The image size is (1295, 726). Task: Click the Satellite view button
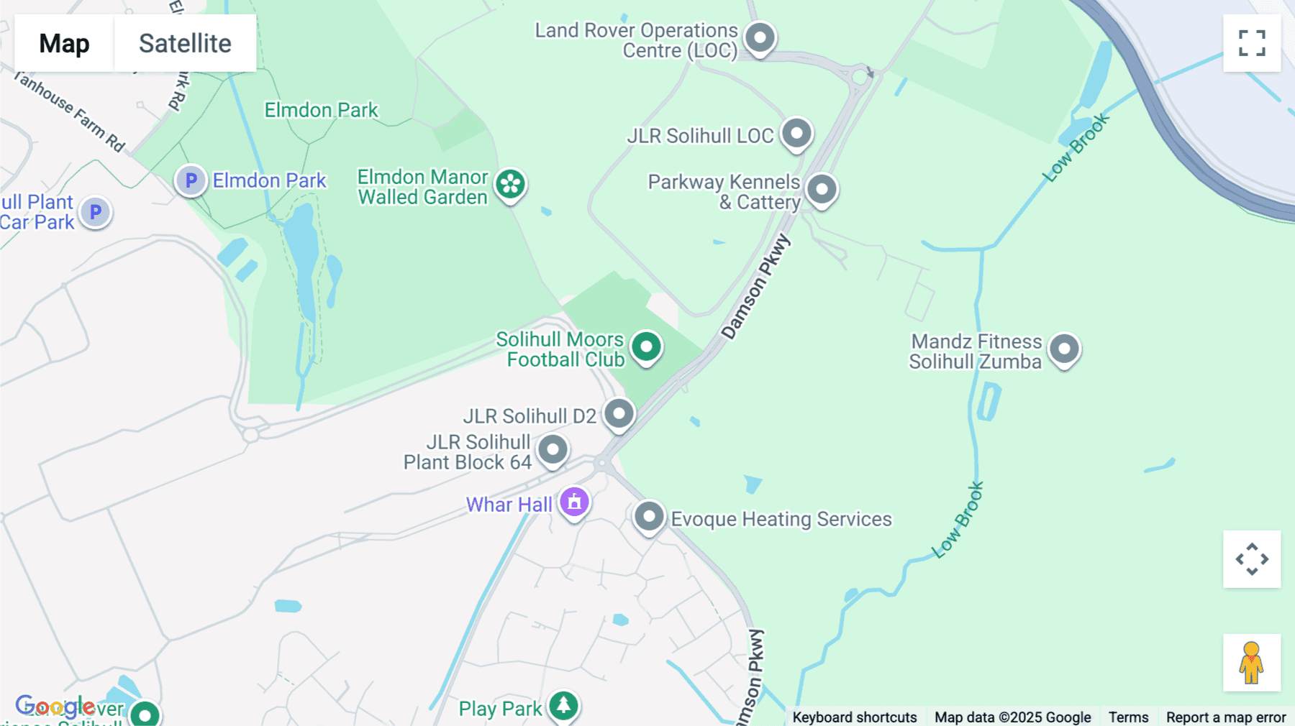click(x=185, y=43)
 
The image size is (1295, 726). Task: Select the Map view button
click(x=64, y=43)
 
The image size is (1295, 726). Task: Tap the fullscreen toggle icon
click(x=1252, y=43)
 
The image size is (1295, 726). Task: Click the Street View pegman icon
click(x=1252, y=663)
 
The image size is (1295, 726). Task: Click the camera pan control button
click(x=1252, y=559)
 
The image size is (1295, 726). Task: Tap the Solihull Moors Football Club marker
click(x=646, y=347)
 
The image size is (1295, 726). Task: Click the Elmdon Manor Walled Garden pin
click(x=511, y=184)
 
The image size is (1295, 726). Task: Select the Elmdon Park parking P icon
click(x=191, y=180)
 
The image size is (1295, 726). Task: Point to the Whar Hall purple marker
click(x=574, y=502)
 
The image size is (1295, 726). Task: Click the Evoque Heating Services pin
click(x=649, y=517)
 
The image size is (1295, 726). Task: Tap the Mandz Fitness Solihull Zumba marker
click(x=1064, y=349)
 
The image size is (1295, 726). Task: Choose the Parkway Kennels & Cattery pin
click(x=822, y=190)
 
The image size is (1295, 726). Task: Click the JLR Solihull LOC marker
click(x=796, y=134)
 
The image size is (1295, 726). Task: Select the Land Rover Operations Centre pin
click(x=760, y=37)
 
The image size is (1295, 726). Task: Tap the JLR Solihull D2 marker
click(x=619, y=414)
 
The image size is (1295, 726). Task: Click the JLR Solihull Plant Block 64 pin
click(x=553, y=450)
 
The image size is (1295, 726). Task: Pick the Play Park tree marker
click(x=563, y=706)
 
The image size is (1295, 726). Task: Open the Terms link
click(x=1128, y=717)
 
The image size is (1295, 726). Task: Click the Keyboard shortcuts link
click(x=854, y=717)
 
